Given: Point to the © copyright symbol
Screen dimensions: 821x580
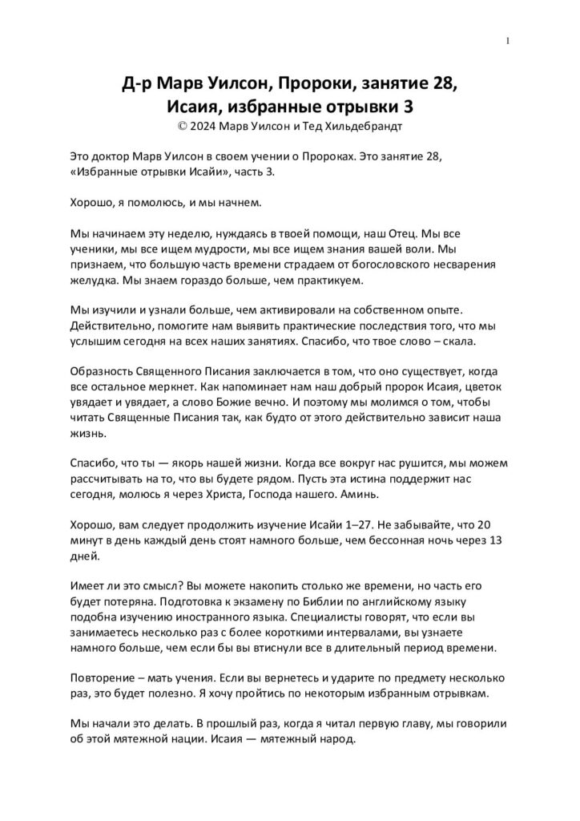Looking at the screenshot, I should click(x=183, y=126).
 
